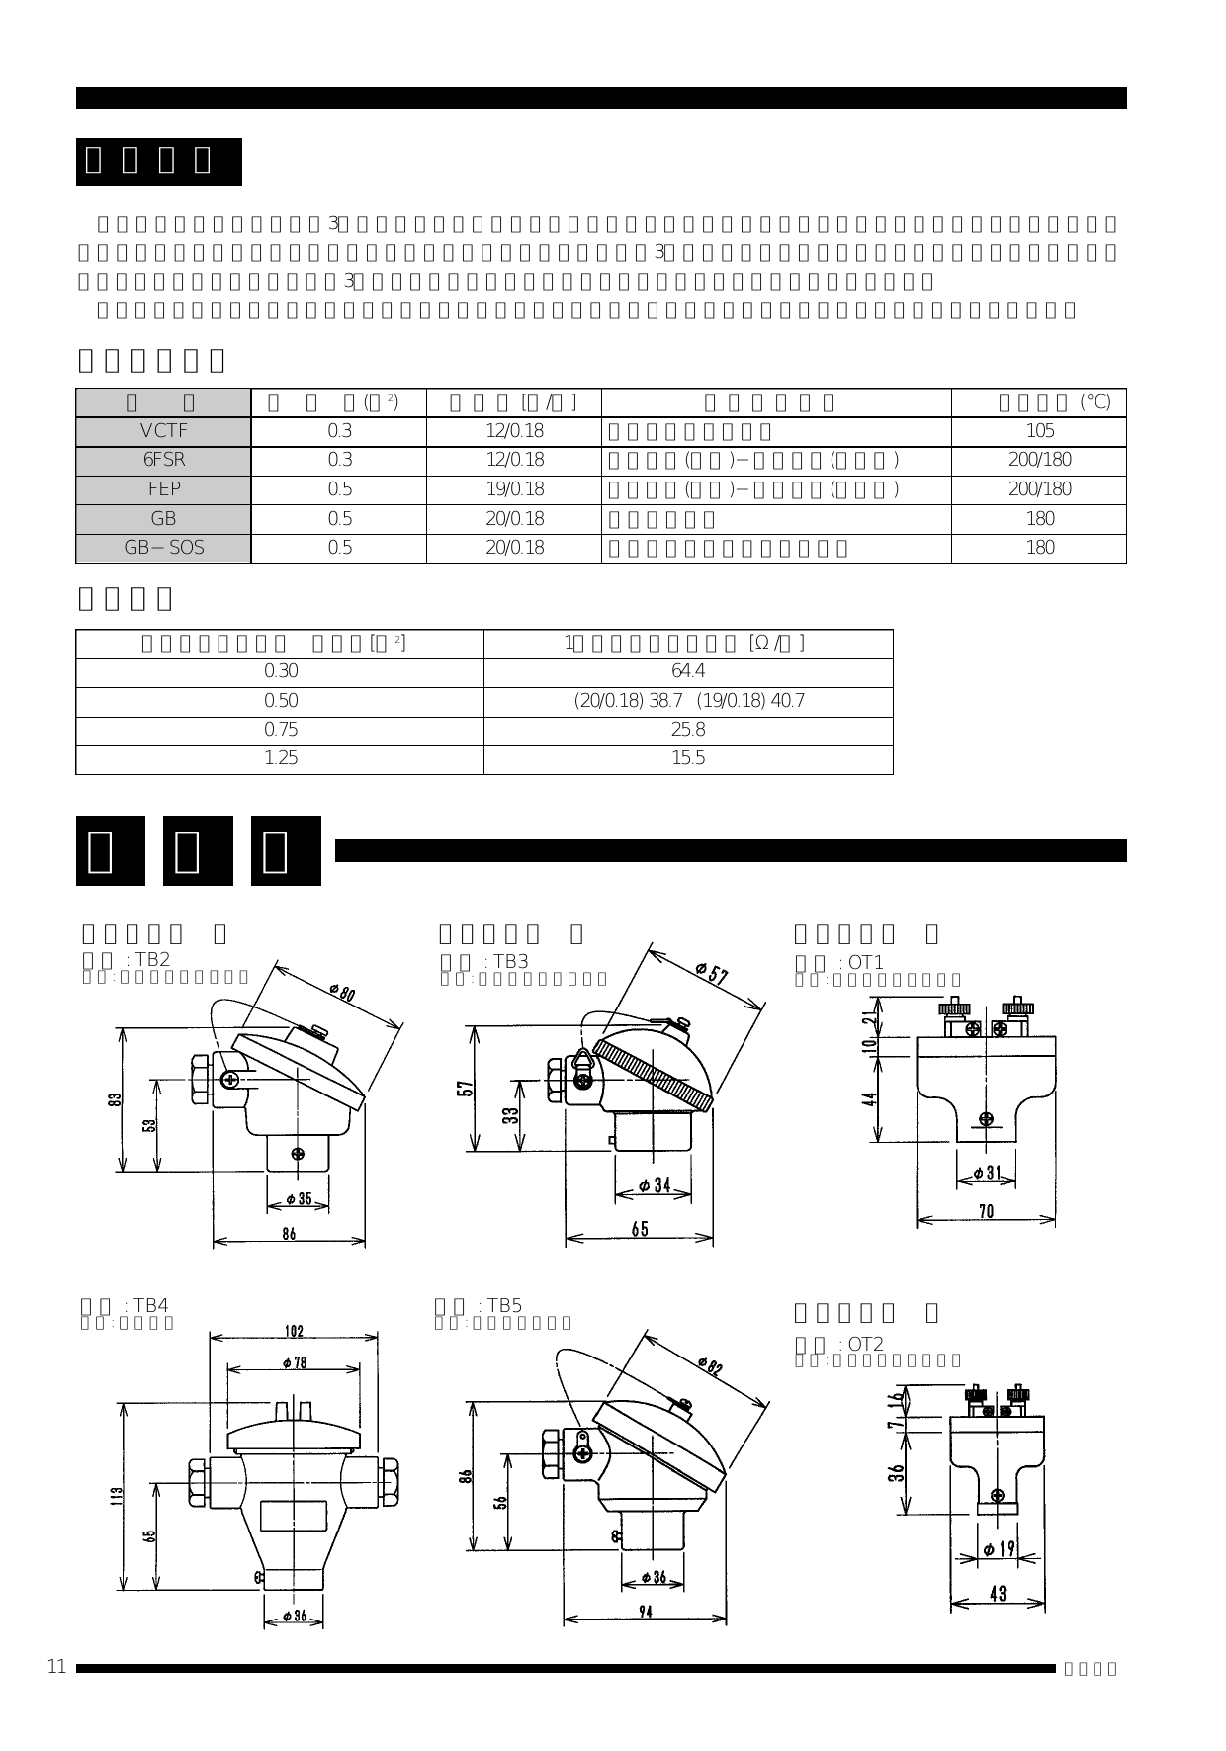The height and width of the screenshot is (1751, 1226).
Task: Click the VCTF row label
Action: tap(163, 430)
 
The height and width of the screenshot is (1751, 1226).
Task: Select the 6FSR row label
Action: tap(163, 460)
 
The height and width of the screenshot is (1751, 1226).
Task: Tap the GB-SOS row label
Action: tap(163, 547)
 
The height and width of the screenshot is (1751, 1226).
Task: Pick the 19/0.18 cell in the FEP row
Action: tap(514, 488)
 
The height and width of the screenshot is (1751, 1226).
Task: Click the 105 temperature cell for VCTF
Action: tap(1039, 430)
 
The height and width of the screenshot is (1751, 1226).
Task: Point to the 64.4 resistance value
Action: tap(688, 671)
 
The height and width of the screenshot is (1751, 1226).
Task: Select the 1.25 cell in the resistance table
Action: tap(281, 758)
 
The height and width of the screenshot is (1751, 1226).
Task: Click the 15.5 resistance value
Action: tap(688, 758)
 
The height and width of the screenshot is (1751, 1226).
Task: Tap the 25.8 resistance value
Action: tap(688, 730)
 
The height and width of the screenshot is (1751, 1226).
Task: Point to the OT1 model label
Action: tap(865, 962)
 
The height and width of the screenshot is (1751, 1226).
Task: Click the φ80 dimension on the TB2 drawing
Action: tap(341, 992)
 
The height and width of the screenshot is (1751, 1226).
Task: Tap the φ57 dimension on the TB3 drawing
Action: tap(712, 973)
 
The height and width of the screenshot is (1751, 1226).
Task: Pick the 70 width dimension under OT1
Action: tap(986, 1211)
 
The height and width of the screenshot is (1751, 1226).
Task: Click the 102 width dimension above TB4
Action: tap(294, 1331)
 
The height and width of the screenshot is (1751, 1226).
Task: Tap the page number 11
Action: tap(56, 1667)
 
